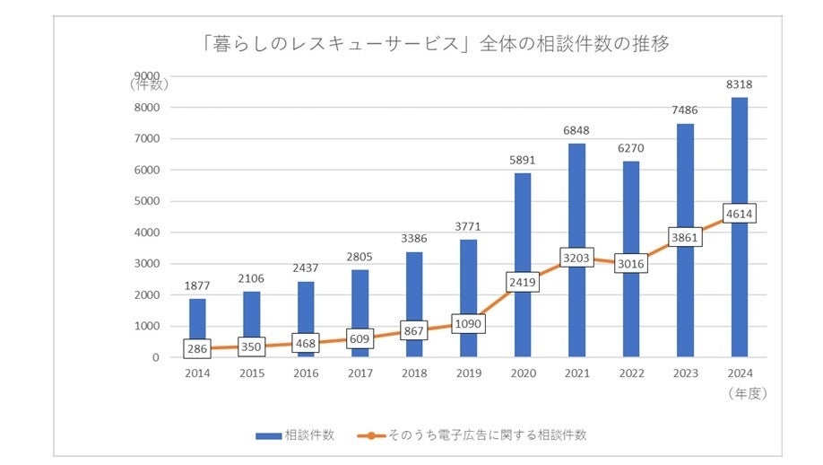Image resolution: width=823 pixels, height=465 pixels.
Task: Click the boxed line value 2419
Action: pyautogui.click(x=522, y=281)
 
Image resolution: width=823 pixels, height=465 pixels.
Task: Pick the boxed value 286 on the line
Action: pyautogui.click(x=197, y=348)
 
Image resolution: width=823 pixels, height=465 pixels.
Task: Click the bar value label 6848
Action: pyautogui.click(x=576, y=131)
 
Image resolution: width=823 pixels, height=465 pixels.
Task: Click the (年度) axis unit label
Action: pyautogui.click(x=747, y=392)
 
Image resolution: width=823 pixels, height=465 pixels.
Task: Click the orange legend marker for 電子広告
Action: pyautogui.click(x=370, y=435)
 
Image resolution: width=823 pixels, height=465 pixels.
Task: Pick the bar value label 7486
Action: pyautogui.click(x=684, y=110)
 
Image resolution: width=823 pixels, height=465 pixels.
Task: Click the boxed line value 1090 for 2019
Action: pyautogui.click(x=467, y=323)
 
